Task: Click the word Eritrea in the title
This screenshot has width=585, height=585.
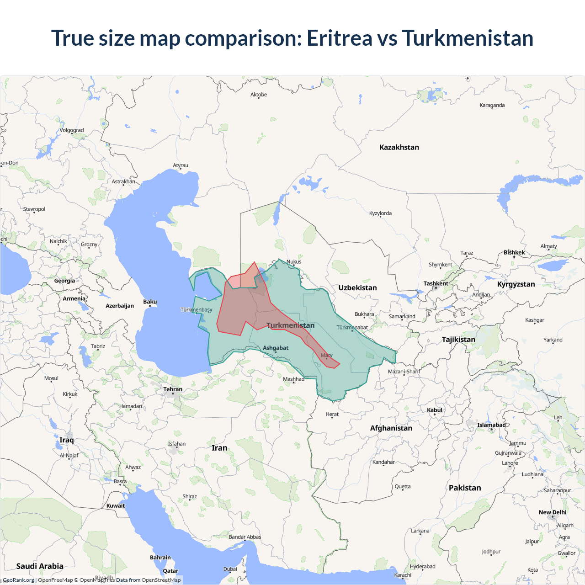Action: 339,38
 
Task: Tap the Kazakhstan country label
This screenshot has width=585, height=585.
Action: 399,147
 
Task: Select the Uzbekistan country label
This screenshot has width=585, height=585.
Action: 357,287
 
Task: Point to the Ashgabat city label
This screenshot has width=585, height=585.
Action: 276,348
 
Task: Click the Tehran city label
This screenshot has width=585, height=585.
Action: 173,389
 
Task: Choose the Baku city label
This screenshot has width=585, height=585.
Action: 150,302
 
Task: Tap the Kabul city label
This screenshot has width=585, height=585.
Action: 435,410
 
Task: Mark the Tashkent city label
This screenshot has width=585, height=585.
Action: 436,283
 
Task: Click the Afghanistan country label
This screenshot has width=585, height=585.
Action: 391,428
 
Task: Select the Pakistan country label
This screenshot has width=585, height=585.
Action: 465,488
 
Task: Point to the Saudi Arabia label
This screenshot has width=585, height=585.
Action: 40,566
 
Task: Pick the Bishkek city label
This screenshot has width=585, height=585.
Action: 514,252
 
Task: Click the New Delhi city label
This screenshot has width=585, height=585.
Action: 552,512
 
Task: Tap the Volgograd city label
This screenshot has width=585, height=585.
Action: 72,130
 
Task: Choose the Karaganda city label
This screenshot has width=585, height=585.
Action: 492,105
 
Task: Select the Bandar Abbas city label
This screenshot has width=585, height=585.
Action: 245,537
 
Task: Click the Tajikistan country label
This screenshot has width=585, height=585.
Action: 458,339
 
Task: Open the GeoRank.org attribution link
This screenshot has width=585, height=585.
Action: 18,580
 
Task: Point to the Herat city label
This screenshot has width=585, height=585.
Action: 332,414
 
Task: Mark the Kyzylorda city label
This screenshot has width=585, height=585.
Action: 380,213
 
